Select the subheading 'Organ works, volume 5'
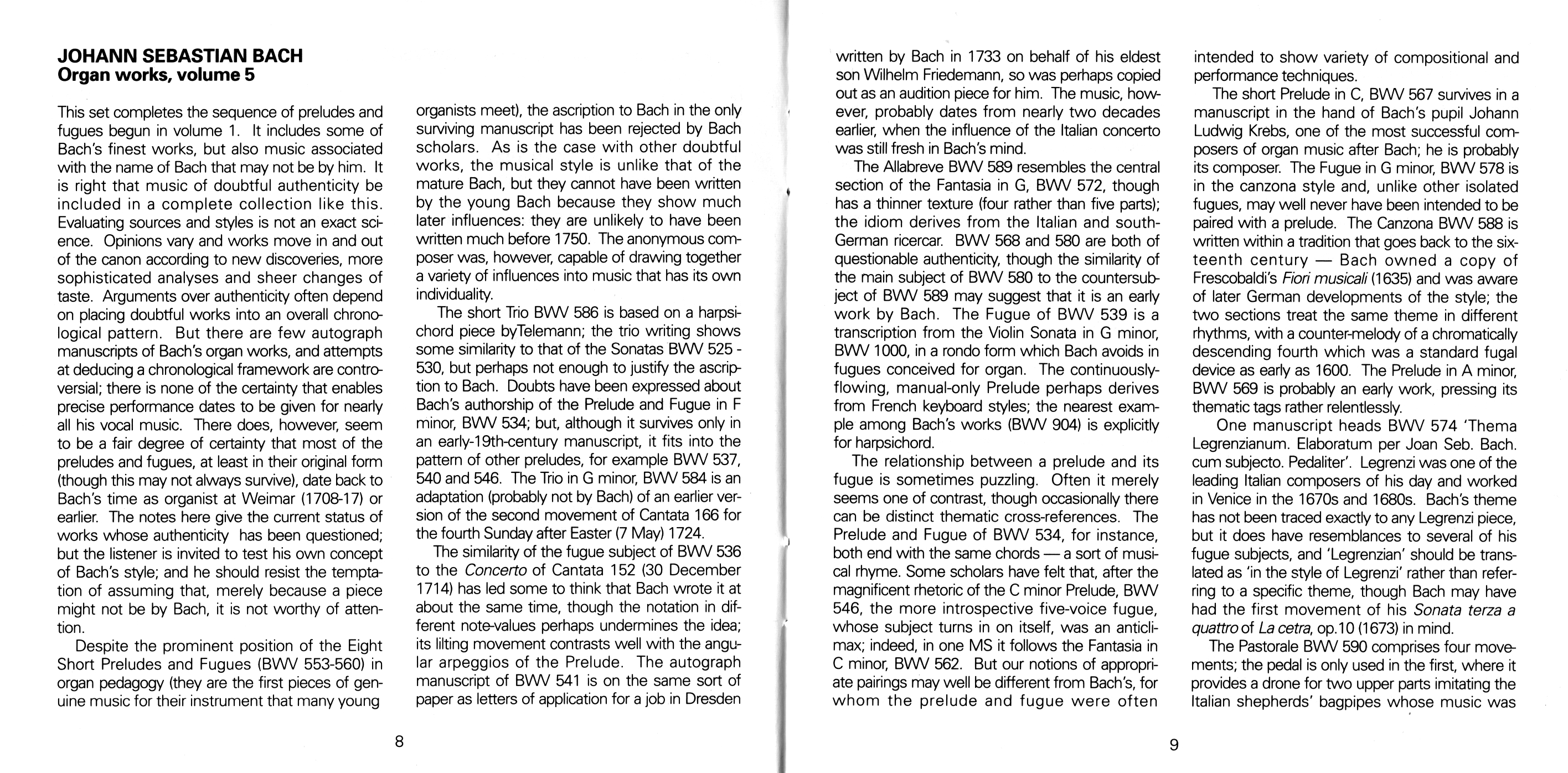[x=156, y=75]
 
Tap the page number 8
[x=399, y=742]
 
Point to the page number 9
[x=1174, y=744]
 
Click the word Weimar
[x=270, y=498]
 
